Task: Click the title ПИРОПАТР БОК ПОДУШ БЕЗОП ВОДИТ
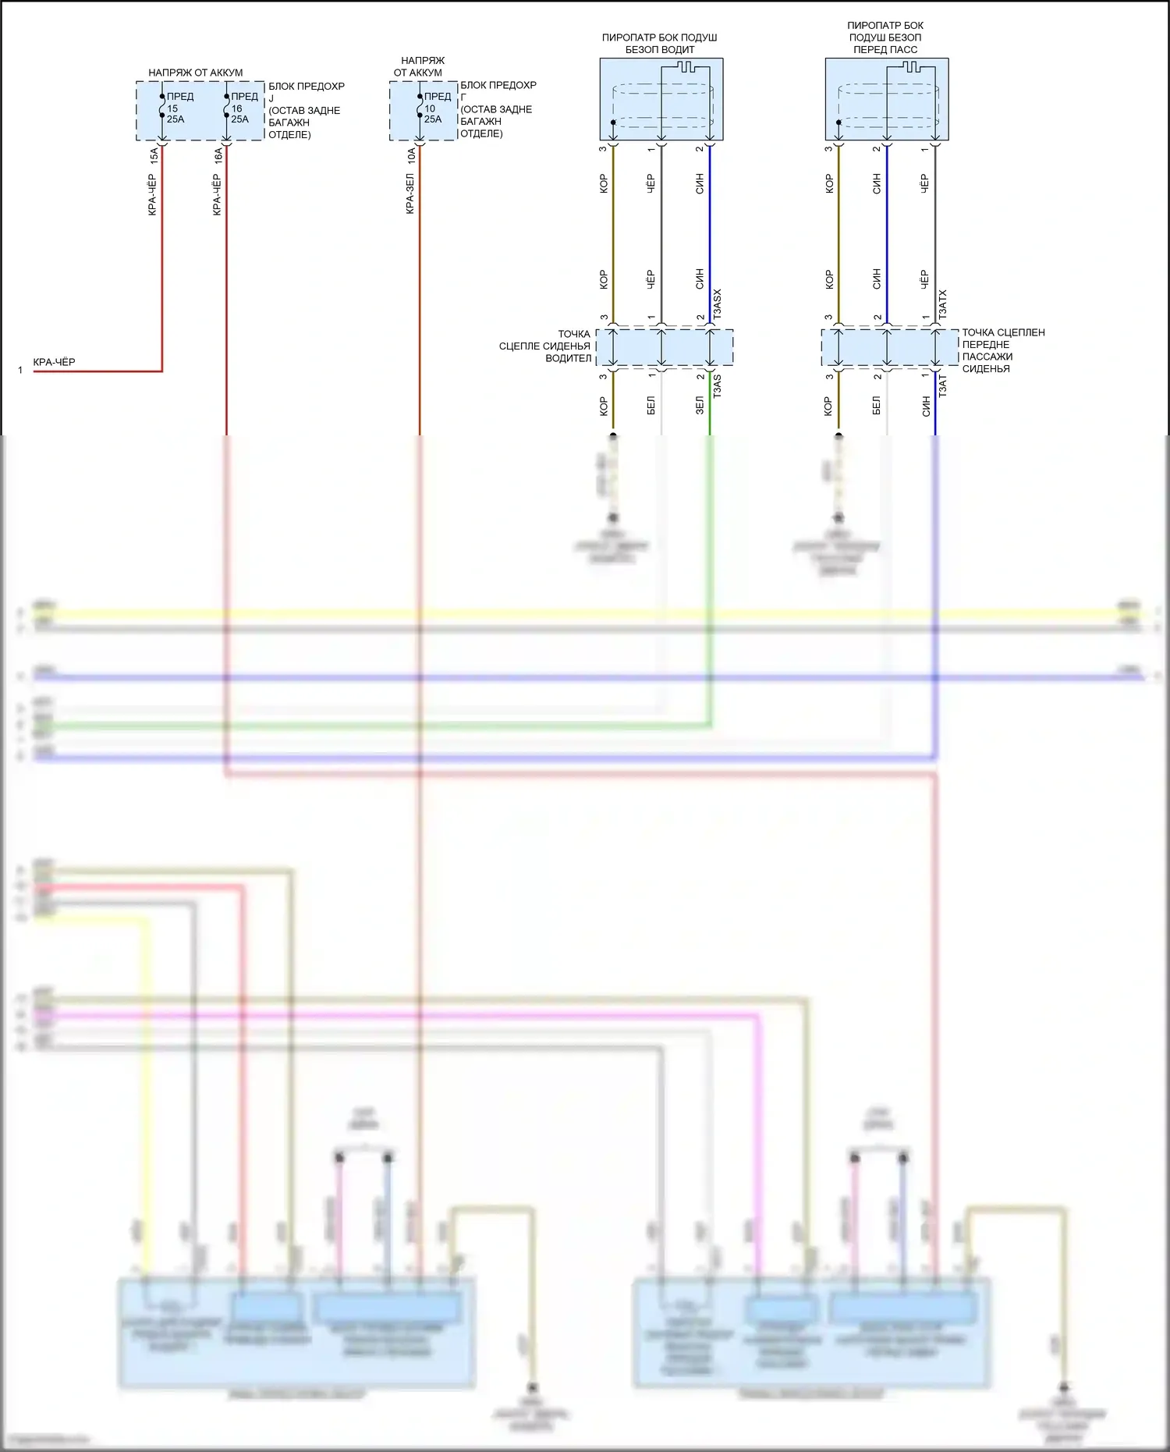pos(660,44)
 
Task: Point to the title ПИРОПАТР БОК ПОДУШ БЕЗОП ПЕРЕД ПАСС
pos(885,37)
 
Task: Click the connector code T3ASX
pos(718,304)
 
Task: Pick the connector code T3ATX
pos(943,304)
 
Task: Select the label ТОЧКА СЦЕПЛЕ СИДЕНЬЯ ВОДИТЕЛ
pos(546,346)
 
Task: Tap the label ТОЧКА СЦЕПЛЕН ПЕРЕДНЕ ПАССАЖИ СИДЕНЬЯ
pos(1002,350)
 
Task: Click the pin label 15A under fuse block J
pos(154,155)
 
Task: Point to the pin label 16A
pos(218,155)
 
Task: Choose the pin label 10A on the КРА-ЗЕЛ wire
pos(411,155)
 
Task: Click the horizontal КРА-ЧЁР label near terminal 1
pos(55,362)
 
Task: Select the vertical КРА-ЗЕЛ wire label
pos(410,194)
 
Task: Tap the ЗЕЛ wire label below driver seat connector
pos(700,406)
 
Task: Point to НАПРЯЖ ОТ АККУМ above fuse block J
pos(196,73)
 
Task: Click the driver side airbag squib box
pos(661,99)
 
